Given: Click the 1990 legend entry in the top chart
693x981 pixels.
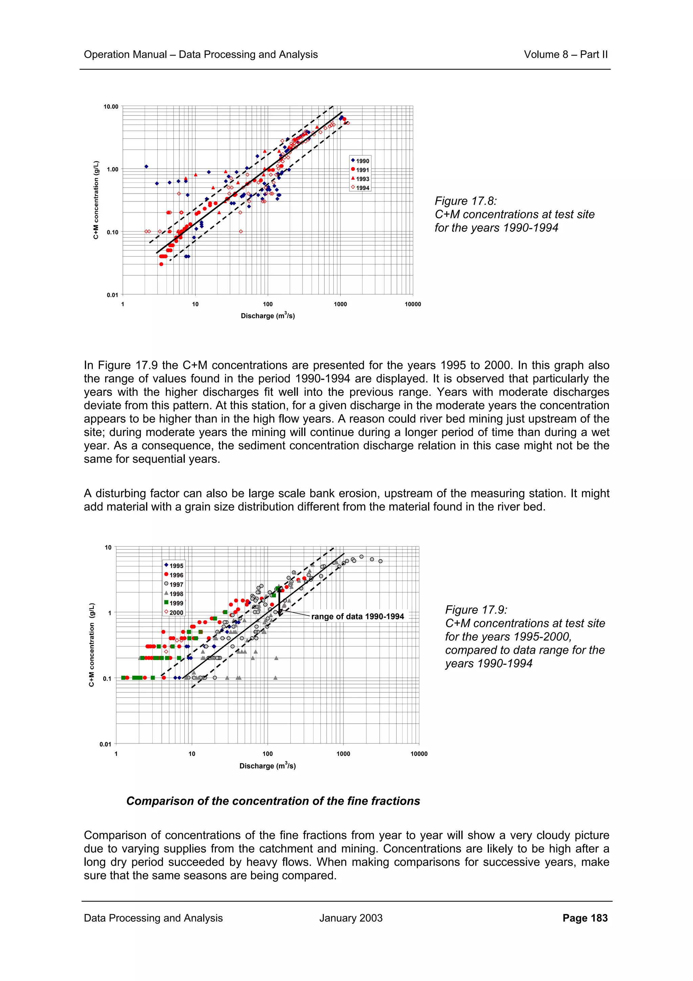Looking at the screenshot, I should (360, 161).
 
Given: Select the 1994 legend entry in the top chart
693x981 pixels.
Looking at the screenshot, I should (360, 188).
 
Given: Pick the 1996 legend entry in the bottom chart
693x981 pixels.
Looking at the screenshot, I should (174, 575).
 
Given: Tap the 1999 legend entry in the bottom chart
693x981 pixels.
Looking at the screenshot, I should (174, 603).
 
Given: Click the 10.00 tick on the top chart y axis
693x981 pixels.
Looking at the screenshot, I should (111, 107).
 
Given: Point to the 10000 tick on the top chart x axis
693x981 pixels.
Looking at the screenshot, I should (412, 304).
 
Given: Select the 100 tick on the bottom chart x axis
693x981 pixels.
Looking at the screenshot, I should (267, 754).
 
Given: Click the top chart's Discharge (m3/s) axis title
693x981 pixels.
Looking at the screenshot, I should (268, 316).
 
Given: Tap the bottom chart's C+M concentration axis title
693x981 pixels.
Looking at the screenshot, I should (91, 645).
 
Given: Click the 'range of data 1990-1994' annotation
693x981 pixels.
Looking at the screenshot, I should (357, 616).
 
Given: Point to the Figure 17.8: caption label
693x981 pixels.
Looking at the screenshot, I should (465, 201).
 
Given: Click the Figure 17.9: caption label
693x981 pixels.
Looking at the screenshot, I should (476, 610).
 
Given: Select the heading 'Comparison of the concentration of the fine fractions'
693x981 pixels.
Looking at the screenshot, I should (273, 801).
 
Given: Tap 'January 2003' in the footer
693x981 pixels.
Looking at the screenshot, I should (351, 918).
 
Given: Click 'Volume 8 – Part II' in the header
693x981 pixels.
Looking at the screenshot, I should (565, 55).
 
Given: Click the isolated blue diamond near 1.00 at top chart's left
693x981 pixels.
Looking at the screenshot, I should (146, 167).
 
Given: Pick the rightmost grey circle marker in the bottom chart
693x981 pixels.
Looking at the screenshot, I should (380, 561).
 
